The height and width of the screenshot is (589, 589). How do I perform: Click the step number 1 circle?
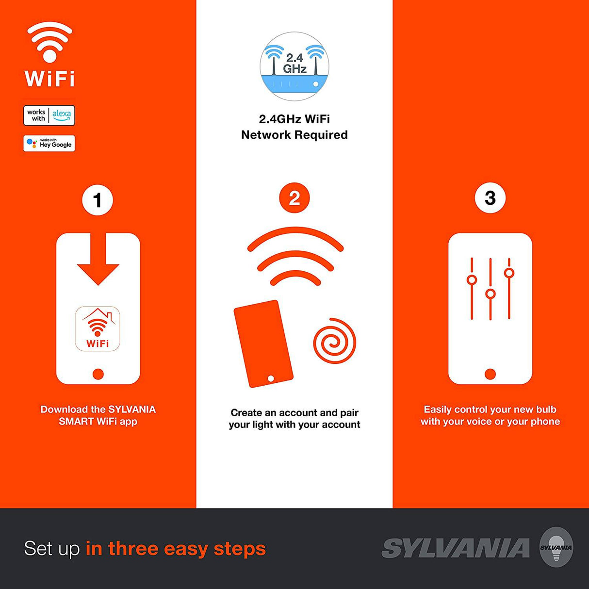98,200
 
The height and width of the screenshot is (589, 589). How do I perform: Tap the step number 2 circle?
294,198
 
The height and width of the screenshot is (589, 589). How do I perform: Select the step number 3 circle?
490,197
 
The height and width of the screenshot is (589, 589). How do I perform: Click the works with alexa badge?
49,115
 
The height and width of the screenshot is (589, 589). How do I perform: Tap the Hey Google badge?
49,144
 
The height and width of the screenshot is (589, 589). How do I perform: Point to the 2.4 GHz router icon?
294,66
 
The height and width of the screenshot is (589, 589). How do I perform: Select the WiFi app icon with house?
98,329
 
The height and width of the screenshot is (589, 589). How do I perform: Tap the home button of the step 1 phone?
98,374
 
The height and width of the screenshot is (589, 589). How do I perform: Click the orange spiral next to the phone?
334,342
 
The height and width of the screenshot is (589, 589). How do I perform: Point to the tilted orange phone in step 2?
263,344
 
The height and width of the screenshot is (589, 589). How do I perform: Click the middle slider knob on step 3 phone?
491,294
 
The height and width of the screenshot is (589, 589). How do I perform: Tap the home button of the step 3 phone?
490,374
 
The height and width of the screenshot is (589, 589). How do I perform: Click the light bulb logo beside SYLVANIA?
556,547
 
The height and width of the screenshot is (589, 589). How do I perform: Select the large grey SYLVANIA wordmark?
456,548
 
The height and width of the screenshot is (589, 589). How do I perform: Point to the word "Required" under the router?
323,135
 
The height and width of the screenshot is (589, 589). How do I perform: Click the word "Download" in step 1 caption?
64,409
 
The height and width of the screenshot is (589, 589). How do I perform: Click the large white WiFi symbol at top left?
49,43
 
